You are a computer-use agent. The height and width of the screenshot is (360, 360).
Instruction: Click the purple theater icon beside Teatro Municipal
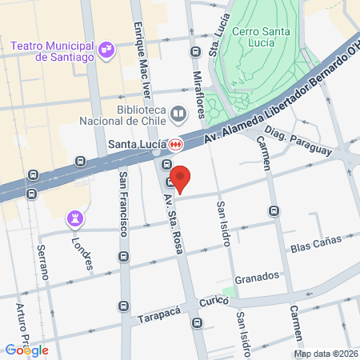(106, 52)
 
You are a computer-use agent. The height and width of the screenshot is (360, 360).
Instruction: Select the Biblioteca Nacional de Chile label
(124, 116)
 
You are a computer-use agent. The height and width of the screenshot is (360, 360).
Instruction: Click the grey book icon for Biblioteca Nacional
(178, 114)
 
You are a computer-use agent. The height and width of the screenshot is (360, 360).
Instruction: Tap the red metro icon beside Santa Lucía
(175, 145)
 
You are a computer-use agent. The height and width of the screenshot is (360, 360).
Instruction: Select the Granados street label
(258, 276)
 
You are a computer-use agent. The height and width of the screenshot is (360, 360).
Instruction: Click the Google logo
(26, 350)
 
